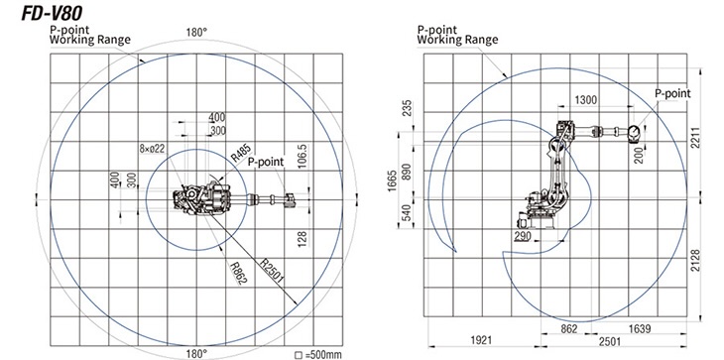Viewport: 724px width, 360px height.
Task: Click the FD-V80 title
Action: pyautogui.click(x=52, y=13)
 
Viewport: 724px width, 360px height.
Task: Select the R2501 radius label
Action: pyautogui.click(x=271, y=269)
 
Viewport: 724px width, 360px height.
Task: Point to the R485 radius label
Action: pyautogui.click(x=241, y=154)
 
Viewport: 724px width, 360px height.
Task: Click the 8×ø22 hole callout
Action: pyautogui.click(x=153, y=149)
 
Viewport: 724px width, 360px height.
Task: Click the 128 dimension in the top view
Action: pyautogui.click(x=302, y=239)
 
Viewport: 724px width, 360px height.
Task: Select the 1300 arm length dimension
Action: pyautogui.click(x=585, y=100)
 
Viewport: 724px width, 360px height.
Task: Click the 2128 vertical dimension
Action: pyautogui.click(x=696, y=261)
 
